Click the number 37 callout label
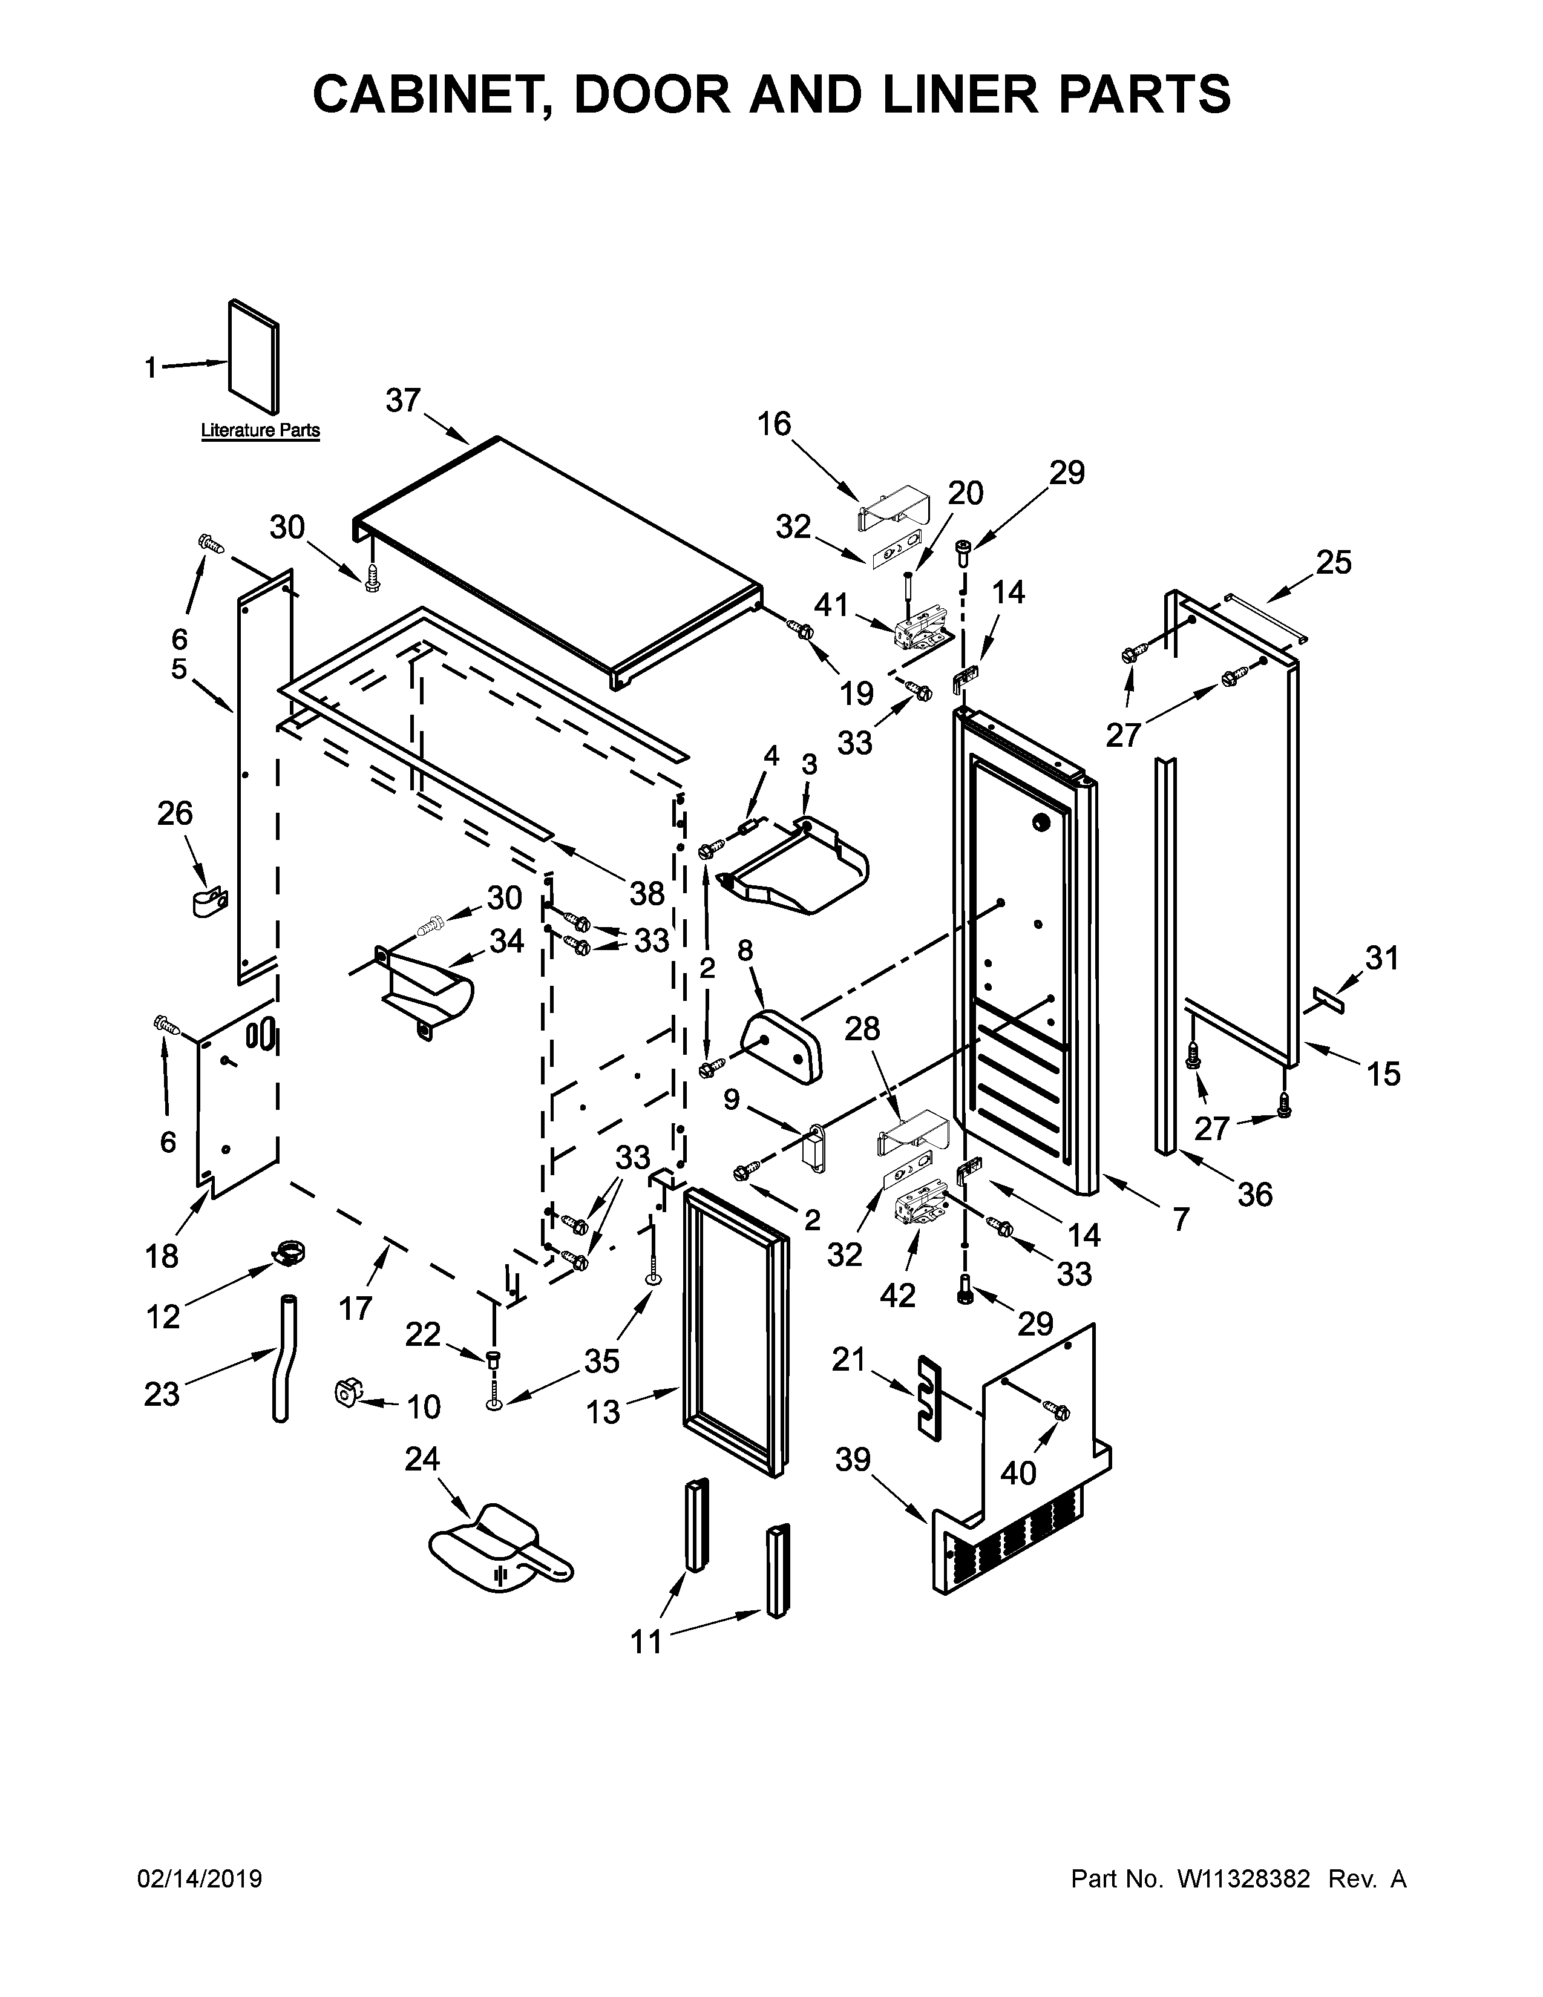tap(402, 401)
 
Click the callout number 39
tap(852, 1460)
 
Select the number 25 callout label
tap(1333, 562)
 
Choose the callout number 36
tap(1254, 1193)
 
